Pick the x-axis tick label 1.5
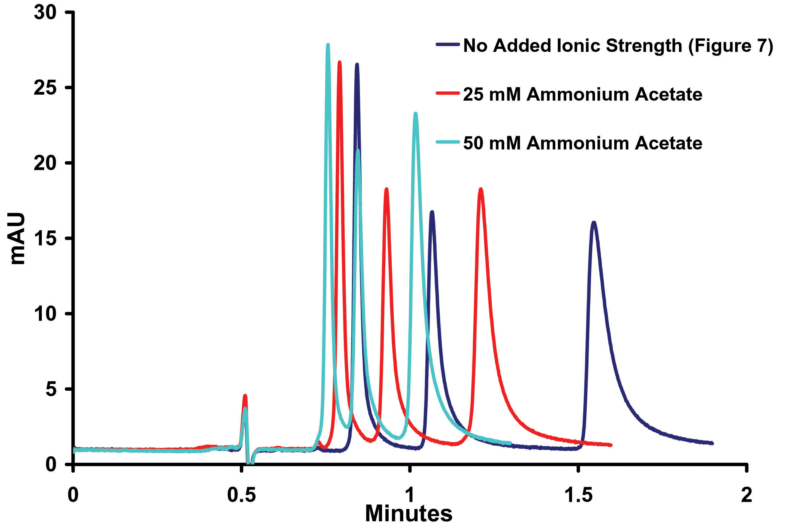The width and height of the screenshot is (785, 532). (x=578, y=495)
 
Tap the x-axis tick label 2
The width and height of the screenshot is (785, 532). (x=746, y=495)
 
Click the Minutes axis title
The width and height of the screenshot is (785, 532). (x=409, y=513)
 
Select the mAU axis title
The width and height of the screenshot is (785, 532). (x=17, y=238)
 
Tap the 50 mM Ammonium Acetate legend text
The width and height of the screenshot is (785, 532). (x=583, y=143)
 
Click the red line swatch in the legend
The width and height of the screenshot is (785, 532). (x=447, y=93)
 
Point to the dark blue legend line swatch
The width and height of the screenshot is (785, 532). (x=447, y=44)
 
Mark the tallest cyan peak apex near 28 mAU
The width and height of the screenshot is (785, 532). (x=328, y=44)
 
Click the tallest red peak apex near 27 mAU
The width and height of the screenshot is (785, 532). (x=339, y=62)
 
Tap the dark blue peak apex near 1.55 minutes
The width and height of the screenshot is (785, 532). (x=594, y=222)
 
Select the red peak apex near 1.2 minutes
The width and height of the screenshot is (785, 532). (x=480, y=189)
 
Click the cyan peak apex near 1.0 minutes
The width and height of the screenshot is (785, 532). (x=416, y=113)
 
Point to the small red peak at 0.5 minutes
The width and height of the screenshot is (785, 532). (x=245, y=396)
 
